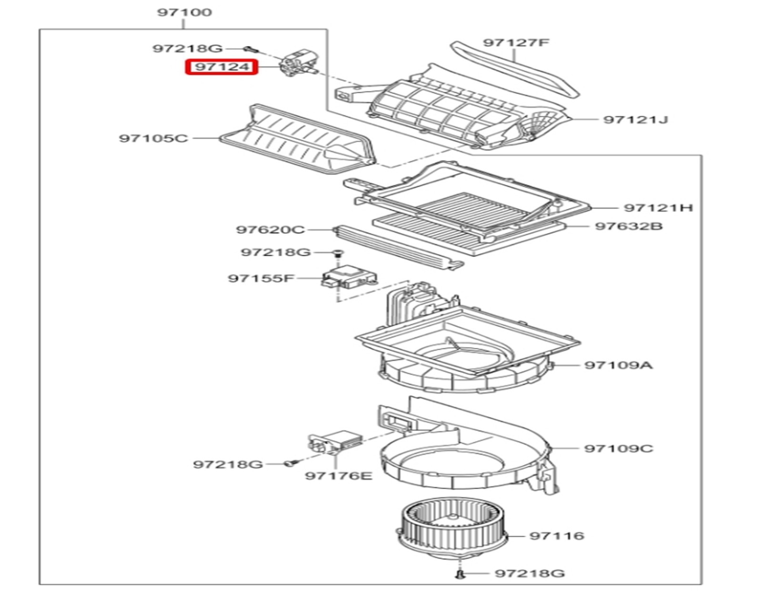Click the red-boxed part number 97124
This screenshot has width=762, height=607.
tap(221, 67)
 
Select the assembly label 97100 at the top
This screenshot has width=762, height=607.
tap(185, 12)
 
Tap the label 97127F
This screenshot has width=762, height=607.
tap(516, 43)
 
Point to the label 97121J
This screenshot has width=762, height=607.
tap(635, 119)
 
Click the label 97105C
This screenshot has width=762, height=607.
tap(153, 139)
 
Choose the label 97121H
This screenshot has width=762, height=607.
tap(658, 208)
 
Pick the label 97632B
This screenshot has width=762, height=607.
tap(629, 226)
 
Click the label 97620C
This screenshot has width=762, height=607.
tap(270, 230)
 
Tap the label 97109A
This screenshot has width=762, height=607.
tap(618, 365)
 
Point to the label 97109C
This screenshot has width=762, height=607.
tap(619, 448)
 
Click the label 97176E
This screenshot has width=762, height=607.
tap(339, 475)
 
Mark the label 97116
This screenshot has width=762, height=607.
tap(557, 536)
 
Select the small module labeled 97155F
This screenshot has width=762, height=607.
tap(350, 278)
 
